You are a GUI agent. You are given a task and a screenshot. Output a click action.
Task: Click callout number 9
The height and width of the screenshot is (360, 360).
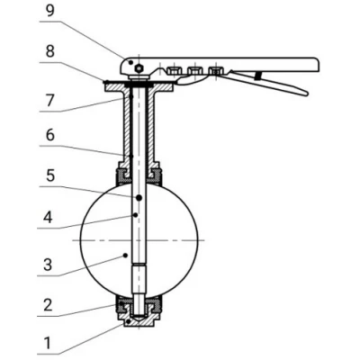pos(50,11)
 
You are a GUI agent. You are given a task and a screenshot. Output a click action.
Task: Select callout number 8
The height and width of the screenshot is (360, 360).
pos(50,51)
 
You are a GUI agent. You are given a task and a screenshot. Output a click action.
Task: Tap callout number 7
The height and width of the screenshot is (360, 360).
pos(50,101)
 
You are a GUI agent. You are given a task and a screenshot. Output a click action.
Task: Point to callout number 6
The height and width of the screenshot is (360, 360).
pos(50,135)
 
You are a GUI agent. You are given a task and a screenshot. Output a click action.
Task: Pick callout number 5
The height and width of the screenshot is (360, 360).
pos(50,175)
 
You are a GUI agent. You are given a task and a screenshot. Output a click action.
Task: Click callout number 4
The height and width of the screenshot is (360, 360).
pos(48,218)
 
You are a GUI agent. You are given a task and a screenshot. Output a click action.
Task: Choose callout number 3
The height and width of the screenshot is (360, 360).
pos(48,265)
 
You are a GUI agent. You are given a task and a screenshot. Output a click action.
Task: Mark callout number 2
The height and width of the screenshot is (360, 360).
pos(48,305)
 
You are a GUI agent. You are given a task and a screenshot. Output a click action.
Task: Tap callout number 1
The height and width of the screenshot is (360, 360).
pos(47,343)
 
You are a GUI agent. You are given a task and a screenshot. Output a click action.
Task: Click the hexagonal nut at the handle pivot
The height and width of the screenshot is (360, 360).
pos(139,68)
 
